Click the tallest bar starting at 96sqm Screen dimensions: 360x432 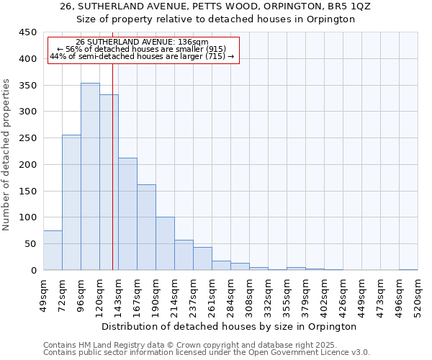click(90, 176)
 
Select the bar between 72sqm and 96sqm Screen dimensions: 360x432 click(71, 202)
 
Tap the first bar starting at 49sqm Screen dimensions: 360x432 click(53, 251)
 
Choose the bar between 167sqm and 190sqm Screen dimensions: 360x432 click(146, 228)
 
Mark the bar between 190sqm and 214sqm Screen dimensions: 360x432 click(165, 243)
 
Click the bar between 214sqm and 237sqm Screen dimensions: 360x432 click(184, 255)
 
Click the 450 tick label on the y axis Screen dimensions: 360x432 click(28, 32)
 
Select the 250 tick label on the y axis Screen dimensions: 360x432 click(28, 138)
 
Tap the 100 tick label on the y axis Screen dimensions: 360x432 click(28, 217)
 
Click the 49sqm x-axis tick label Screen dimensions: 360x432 click(44, 297)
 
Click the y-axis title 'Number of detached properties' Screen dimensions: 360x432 click(7, 155)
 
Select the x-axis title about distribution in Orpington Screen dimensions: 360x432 click(230, 327)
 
